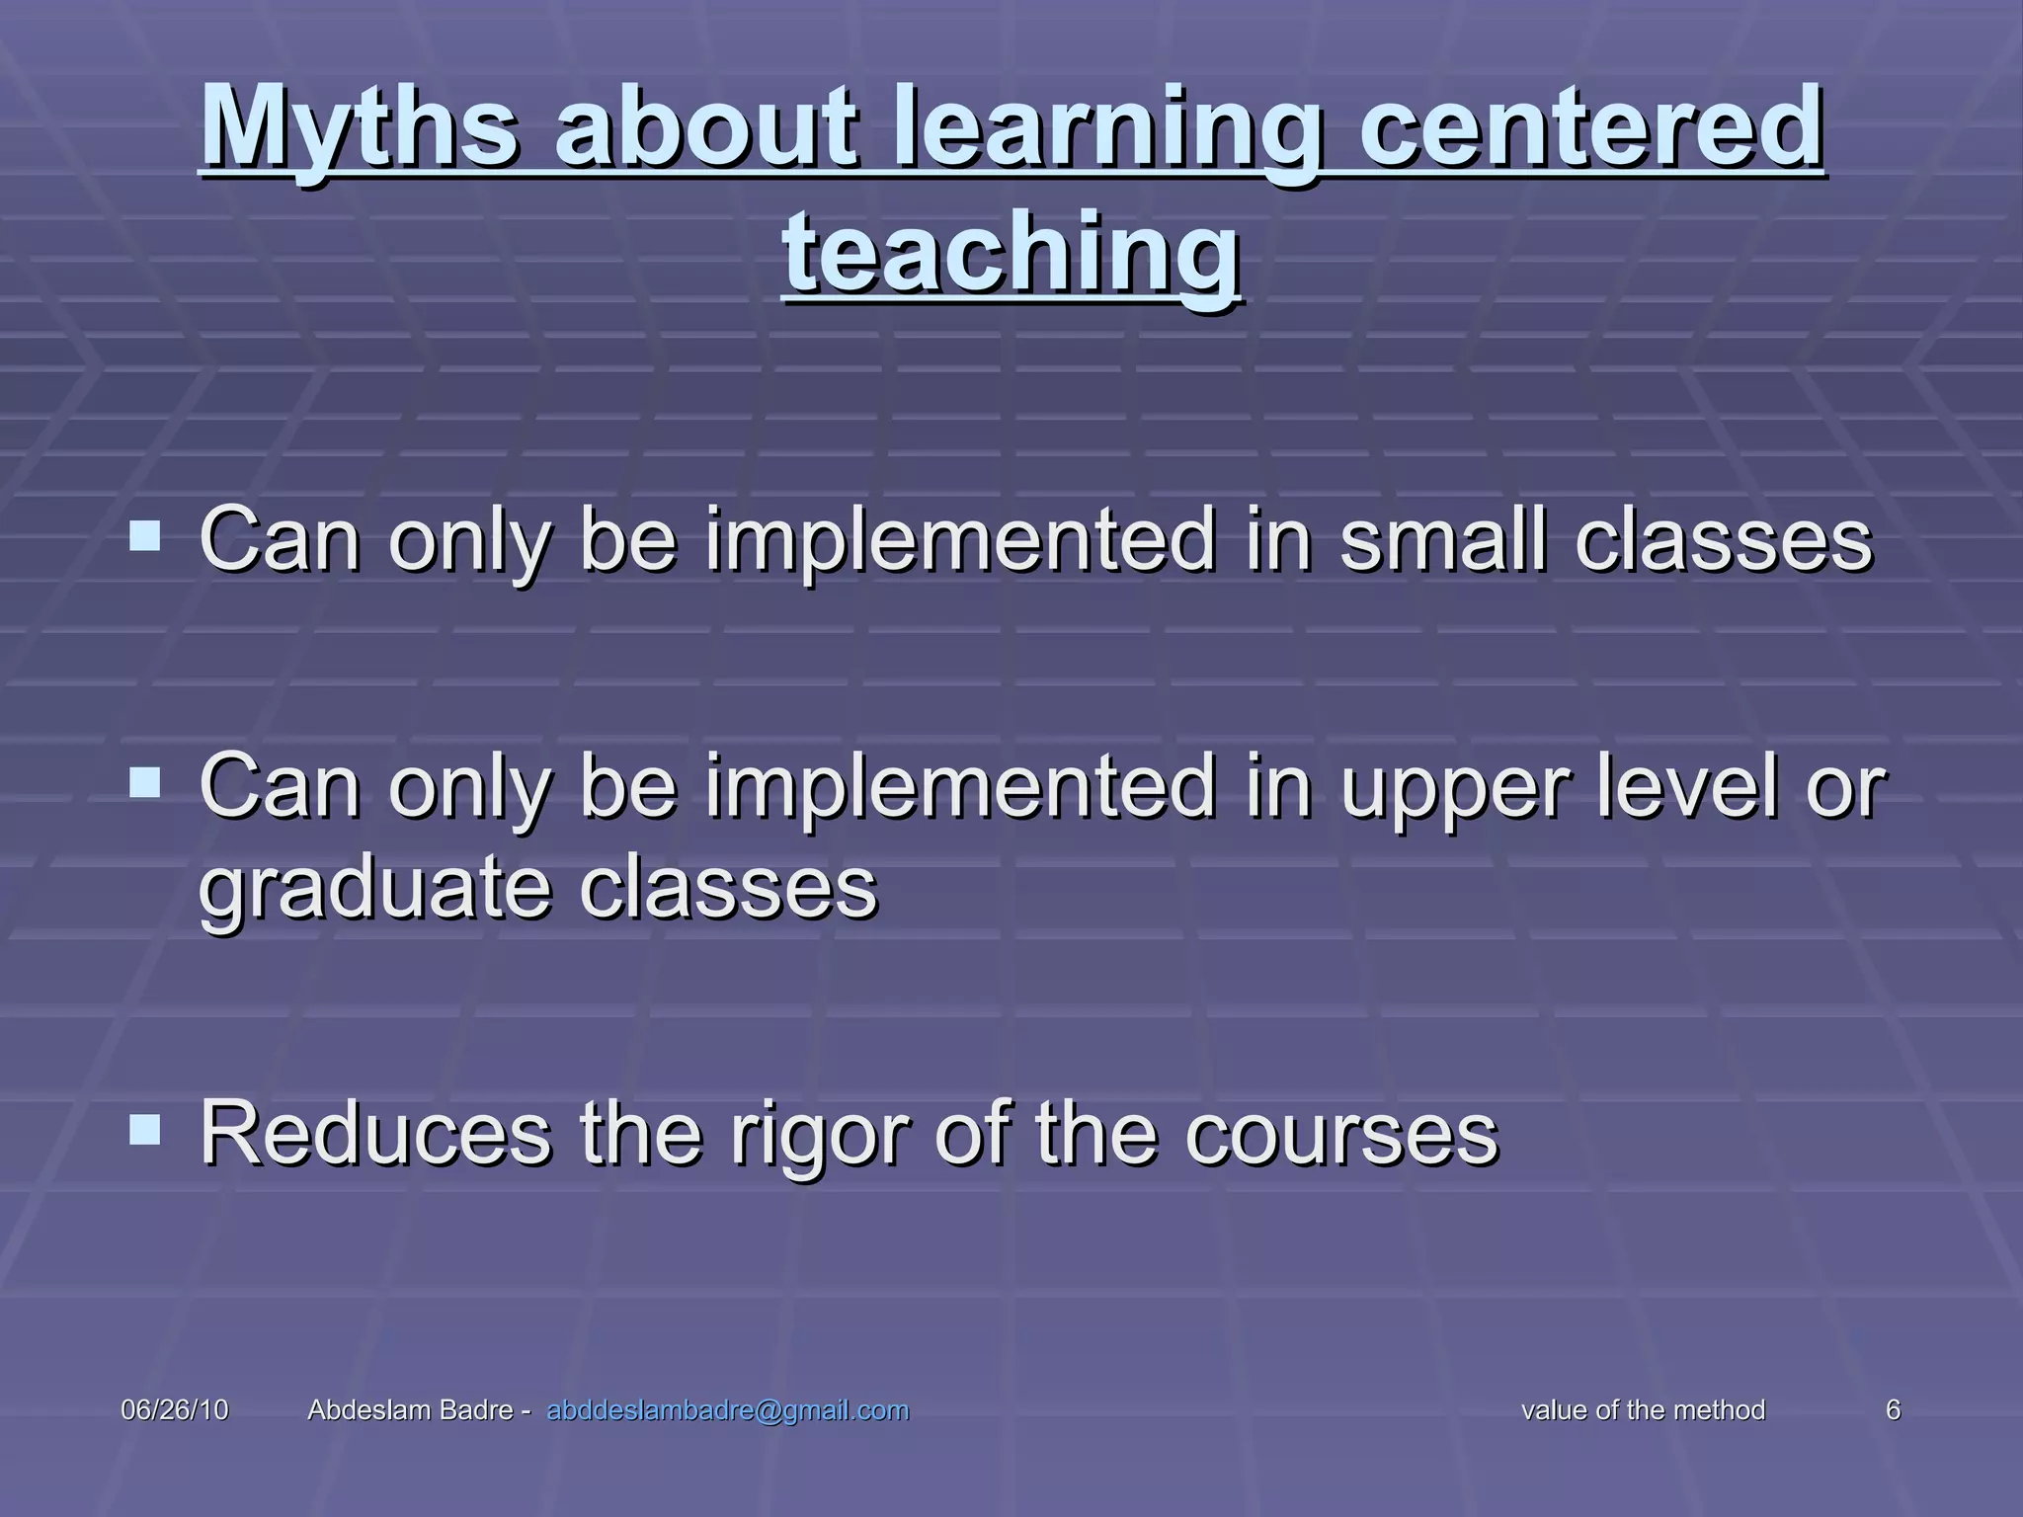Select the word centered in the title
coord(1590,128)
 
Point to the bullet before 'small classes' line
coord(145,537)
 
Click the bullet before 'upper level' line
coord(145,784)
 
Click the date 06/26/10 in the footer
coord(174,1410)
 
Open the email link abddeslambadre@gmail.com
coord(727,1410)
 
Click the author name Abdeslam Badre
coord(410,1410)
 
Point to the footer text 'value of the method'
coord(1643,1410)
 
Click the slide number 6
coord(1893,1410)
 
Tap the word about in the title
coord(704,128)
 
